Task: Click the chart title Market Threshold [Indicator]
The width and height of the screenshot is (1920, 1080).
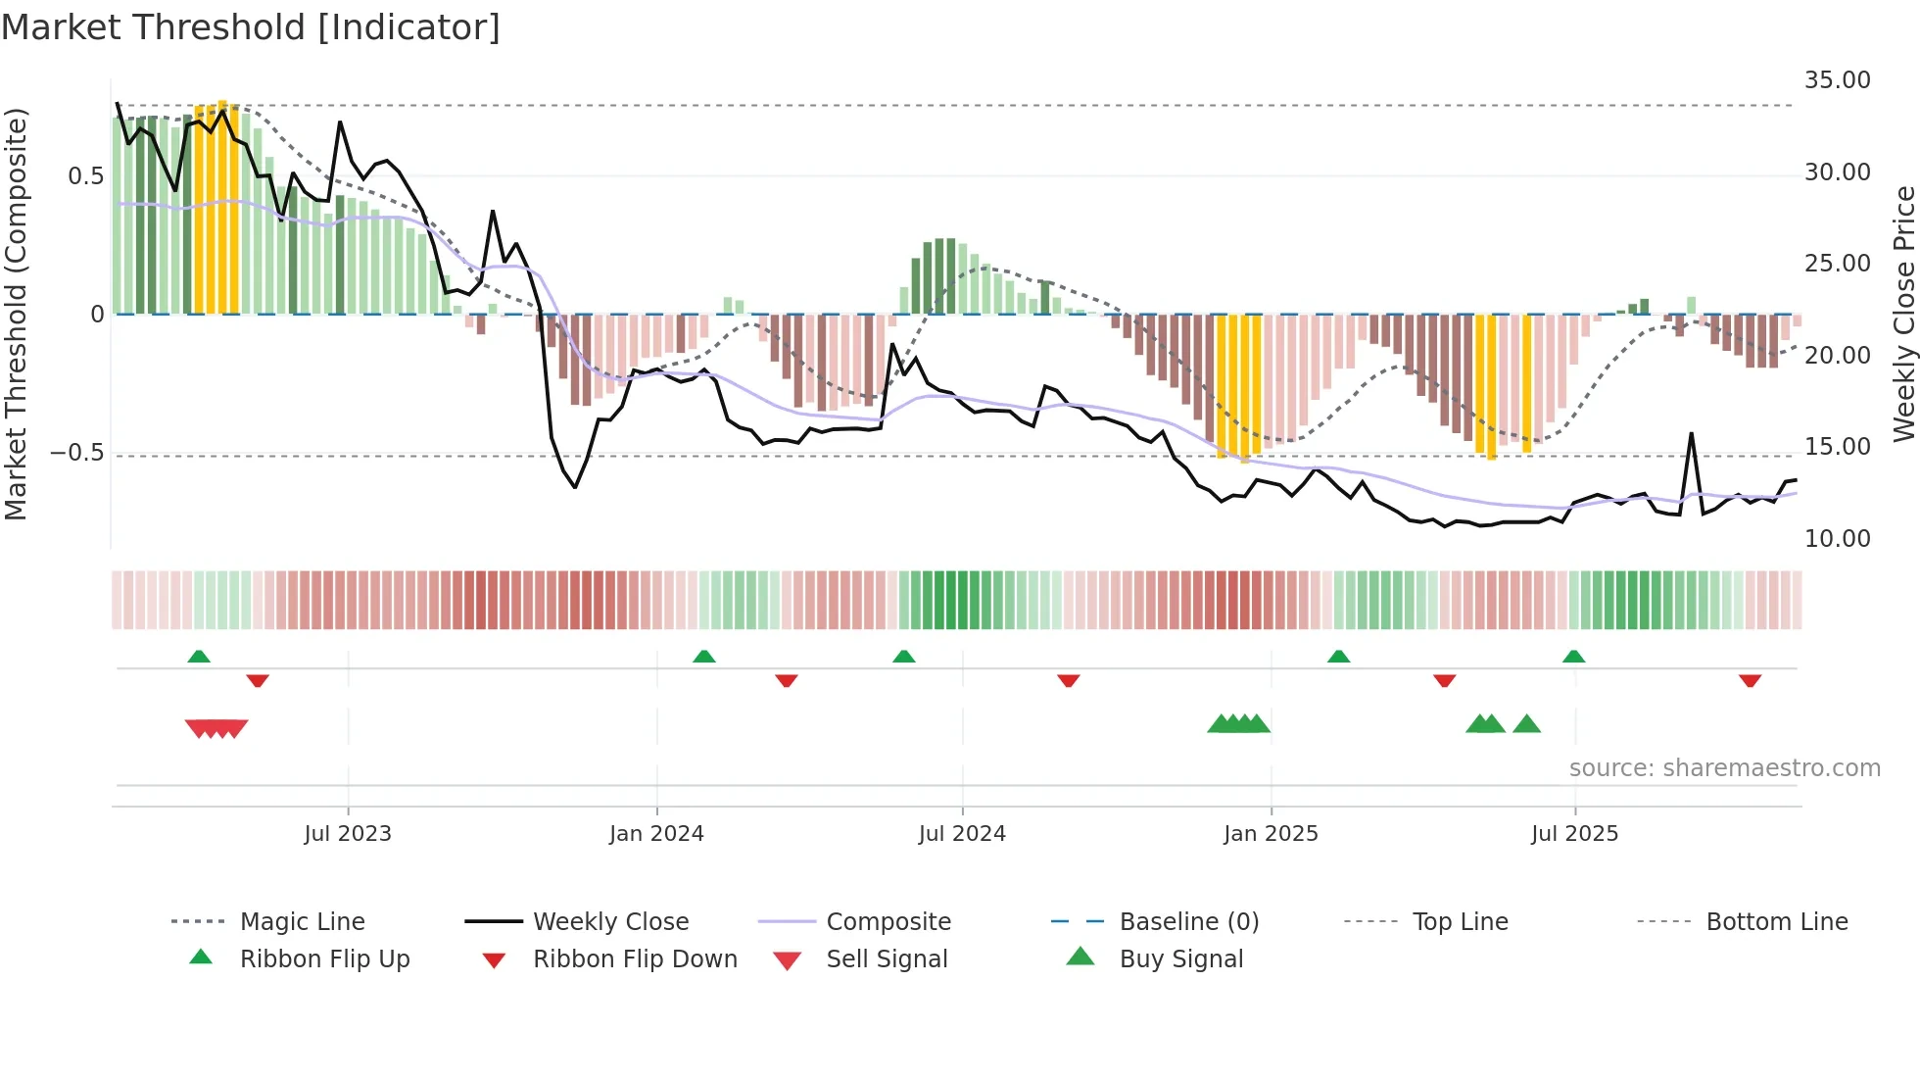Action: coord(251,27)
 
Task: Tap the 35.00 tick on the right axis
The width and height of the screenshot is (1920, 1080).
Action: coord(1837,80)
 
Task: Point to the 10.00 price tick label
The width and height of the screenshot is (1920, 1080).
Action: coord(1837,539)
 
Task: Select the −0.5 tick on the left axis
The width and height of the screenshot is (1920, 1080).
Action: coord(76,453)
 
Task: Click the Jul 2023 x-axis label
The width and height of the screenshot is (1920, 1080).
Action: coord(348,834)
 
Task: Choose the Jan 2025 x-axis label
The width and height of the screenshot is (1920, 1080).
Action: coord(1271,834)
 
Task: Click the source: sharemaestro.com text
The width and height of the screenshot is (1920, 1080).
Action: coord(1724,768)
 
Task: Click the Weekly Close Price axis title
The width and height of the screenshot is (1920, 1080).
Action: coord(1903,314)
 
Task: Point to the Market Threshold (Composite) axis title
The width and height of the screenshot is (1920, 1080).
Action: coord(16,314)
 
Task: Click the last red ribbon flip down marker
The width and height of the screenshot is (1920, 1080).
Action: coord(1750,680)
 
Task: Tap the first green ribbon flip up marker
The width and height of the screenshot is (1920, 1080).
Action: coord(199,657)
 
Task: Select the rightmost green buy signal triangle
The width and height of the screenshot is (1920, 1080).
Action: coord(1526,724)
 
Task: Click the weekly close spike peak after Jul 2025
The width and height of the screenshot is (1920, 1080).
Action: coord(1691,433)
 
